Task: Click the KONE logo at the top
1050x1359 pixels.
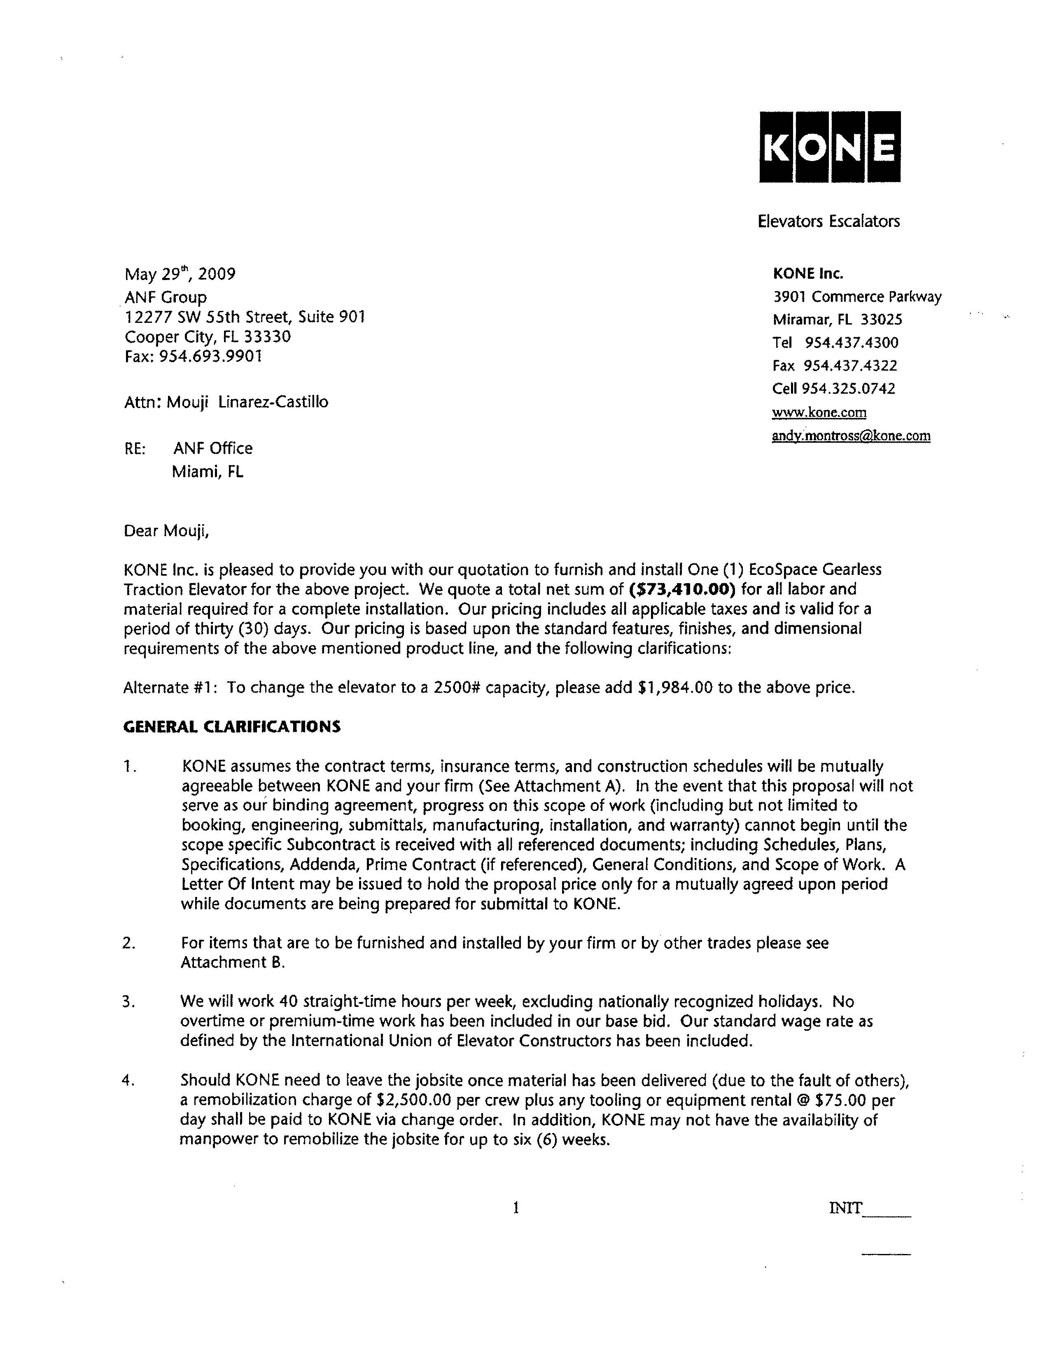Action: coord(829,147)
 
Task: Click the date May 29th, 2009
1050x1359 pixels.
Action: coord(180,274)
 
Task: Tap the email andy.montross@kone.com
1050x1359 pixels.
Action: coord(851,436)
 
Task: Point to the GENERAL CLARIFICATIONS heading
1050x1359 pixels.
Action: coord(232,727)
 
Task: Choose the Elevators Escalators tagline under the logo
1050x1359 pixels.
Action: coord(828,222)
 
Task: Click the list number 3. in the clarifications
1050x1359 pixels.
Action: coord(129,1002)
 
